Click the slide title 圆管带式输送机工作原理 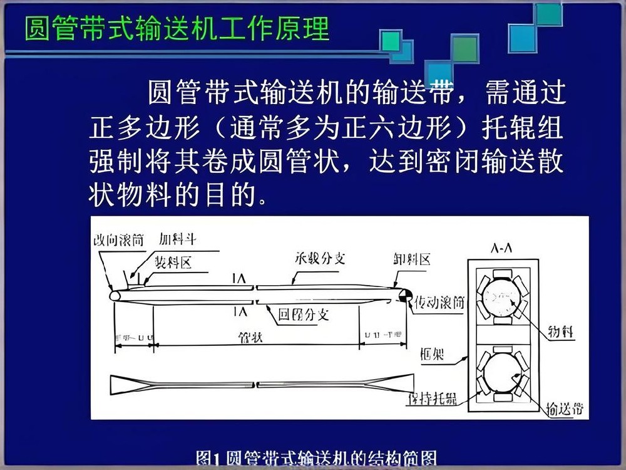[x=177, y=29]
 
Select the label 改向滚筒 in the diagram [x=118, y=240]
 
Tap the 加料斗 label [x=177, y=239]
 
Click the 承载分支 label [x=319, y=258]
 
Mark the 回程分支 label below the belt [x=303, y=313]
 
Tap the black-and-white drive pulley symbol [x=404, y=293]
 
